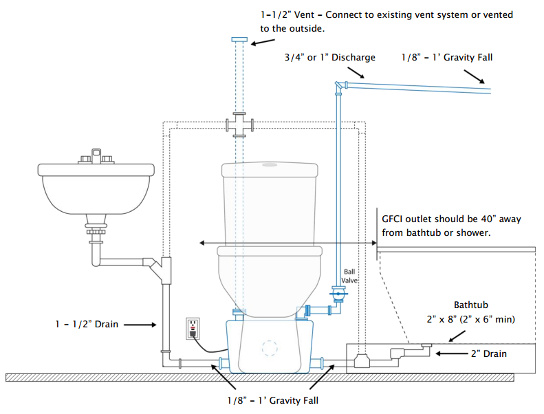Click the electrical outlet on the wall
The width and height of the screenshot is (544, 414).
click(193, 328)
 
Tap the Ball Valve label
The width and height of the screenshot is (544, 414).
click(349, 276)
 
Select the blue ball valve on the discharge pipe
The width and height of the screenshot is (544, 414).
click(338, 294)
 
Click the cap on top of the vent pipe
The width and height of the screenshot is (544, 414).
click(239, 40)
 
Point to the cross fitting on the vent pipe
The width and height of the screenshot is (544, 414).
click(239, 125)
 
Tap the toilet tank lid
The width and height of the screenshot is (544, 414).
click(270, 169)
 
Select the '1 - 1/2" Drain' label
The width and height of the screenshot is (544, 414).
click(87, 325)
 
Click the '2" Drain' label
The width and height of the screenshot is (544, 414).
click(489, 353)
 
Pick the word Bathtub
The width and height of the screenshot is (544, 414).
click(471, 305)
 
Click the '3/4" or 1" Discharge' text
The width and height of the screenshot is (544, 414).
click(330, 57)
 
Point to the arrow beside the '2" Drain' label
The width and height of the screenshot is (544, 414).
click(452, 353)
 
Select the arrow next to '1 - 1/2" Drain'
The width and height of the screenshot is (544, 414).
click(140, 325)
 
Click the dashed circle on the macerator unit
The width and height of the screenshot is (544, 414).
click(270, 348)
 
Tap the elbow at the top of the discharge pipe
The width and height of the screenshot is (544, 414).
click(339, 87)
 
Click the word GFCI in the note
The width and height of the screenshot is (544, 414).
click(392, 219)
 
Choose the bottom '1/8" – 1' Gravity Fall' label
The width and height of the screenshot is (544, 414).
click(273, 400)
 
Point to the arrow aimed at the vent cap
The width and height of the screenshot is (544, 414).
click(263, 42)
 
